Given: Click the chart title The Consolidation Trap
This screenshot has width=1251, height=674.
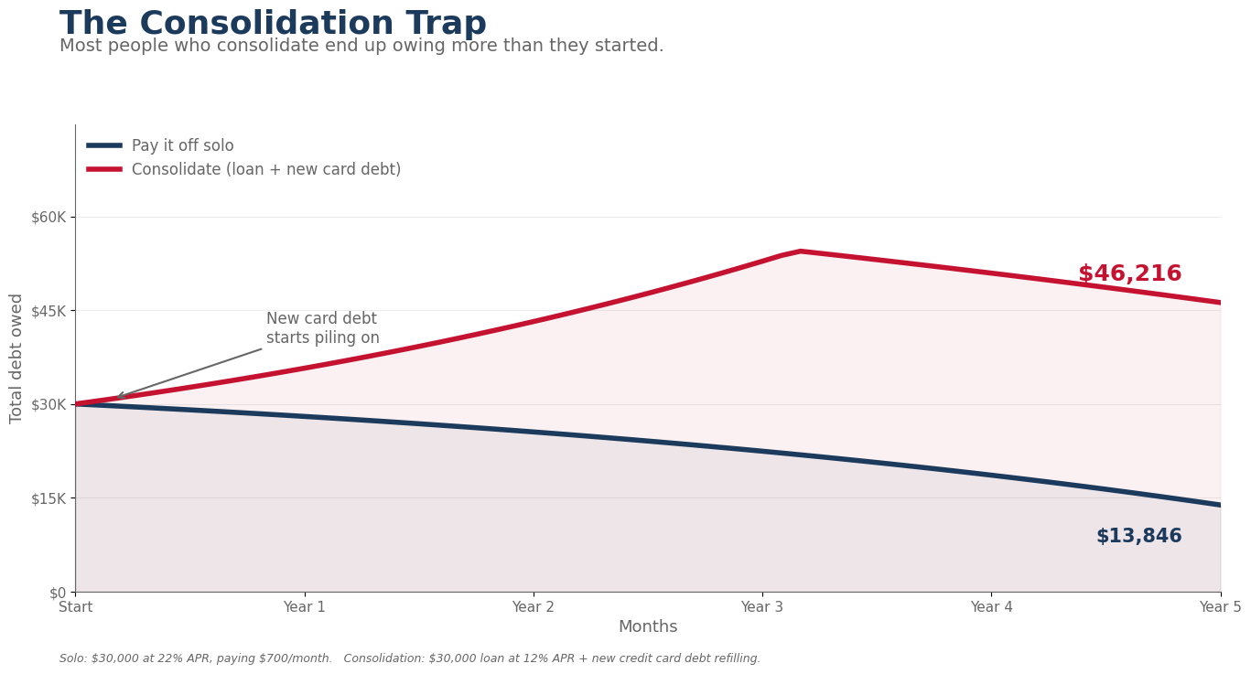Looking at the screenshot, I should tap(273, 24).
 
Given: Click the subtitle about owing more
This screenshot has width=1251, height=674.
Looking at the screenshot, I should tap(361, 46).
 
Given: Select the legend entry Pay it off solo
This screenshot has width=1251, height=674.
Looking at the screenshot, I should tap(182, 145).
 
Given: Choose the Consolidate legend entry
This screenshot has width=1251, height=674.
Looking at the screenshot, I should tap(265, 169).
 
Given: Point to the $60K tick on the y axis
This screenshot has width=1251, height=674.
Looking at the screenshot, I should tap(49, 217).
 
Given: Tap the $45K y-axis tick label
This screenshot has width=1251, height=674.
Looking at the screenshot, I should tap(49, 311).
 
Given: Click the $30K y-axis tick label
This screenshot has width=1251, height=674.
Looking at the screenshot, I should tap(49, 404).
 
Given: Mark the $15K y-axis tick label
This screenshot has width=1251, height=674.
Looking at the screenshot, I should tap(49, 498).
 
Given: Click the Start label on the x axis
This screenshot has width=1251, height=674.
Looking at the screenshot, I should tap(75, 607).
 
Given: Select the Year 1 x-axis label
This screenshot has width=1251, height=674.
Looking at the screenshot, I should tap(305, 607).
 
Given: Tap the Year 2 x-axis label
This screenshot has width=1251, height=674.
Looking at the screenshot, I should tap(534, 607).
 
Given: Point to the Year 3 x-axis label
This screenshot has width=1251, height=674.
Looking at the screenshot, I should tap(762, 607).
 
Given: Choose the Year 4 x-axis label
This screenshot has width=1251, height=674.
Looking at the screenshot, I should tap(991, 607).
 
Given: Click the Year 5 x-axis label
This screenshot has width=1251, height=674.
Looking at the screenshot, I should tap(1220, 607).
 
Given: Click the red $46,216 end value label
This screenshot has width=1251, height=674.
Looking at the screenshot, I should tap(1129, 274).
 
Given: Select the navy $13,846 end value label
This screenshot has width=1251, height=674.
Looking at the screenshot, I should tap(1138, 537).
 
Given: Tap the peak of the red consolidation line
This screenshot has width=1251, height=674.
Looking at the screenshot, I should tap(801, 251).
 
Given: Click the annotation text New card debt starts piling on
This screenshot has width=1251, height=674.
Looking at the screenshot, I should tap(322, 328).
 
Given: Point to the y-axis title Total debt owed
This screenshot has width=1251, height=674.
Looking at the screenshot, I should tap(16, 358).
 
